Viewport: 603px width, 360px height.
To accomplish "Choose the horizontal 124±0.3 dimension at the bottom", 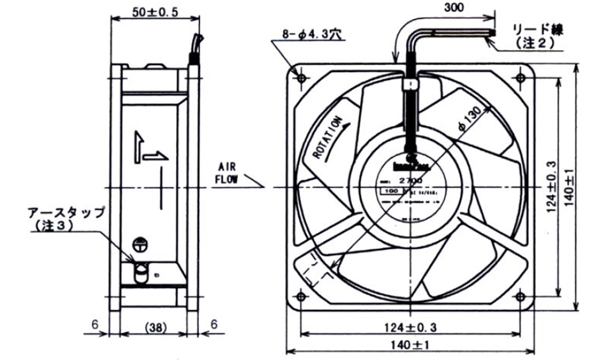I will tap(411, 327).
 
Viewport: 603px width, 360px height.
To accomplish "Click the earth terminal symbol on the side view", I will tap(140, 245).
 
